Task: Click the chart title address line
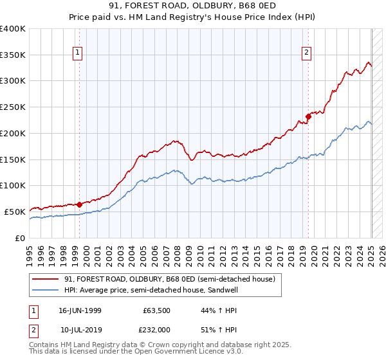pyautogui.click(x=192, y=7)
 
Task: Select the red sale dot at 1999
pyautogui.click(x=79, y=204)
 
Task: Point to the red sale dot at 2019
pyautogui.click(x=308, y=116)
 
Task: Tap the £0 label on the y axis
pyautogui.click(x=20, y=238)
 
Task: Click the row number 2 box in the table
pyautogui.click(x=32, y=329)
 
